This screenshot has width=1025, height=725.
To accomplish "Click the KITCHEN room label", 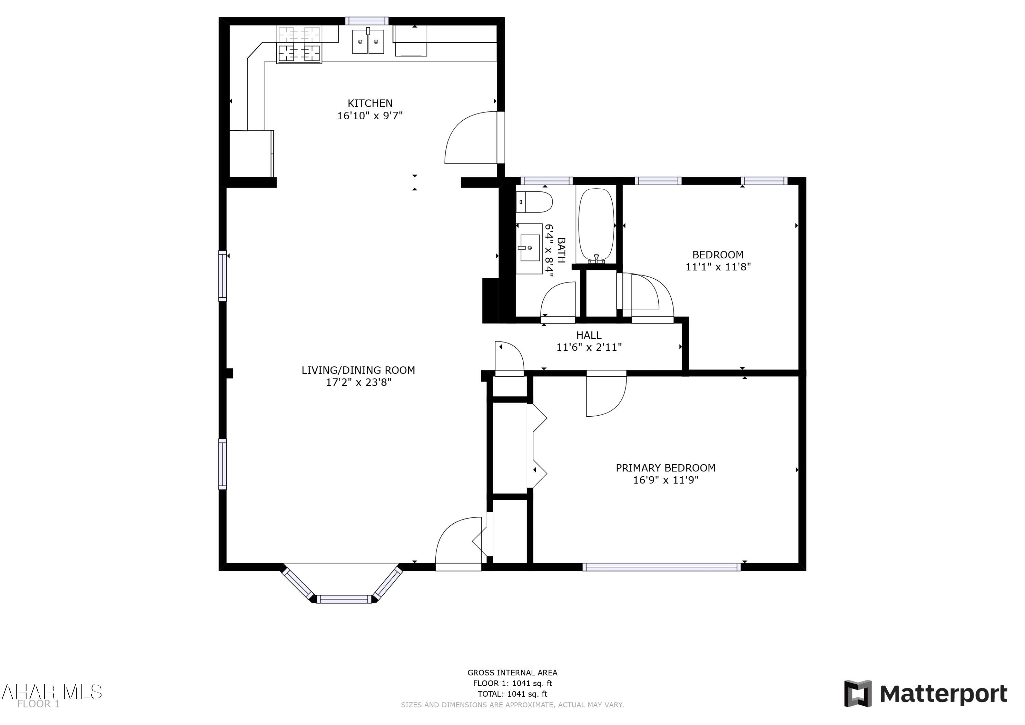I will (x=370, y=103).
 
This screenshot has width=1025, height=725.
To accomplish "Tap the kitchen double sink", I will (x=368, y=42).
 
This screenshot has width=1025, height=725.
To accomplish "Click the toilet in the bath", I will (x=535, y=202).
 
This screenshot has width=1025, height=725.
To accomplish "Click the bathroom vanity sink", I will (x=530, y=248).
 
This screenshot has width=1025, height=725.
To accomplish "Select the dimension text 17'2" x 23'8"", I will (x=358, y=382).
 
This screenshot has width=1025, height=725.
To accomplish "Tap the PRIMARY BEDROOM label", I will (x=665, y=468).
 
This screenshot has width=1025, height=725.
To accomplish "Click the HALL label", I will (x=588, y=335).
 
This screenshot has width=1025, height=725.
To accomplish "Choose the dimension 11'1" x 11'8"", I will (x=718, y=267).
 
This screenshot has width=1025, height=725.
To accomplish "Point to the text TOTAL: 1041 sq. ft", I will (x=512, y=694).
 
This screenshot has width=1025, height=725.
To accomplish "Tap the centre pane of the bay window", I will (x=344, y=600).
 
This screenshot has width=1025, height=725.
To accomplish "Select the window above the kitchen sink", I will (x=367, y=21).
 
